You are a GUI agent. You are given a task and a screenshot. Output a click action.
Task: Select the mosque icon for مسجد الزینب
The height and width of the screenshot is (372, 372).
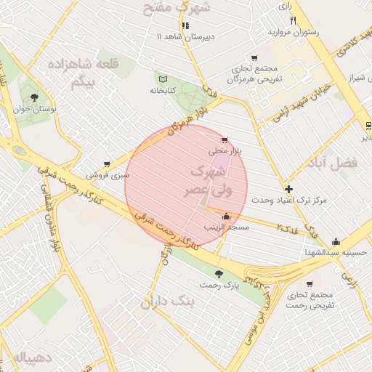(x=226, y=216)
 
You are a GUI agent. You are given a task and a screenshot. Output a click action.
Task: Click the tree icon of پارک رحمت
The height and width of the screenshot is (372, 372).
(x=219, y=274)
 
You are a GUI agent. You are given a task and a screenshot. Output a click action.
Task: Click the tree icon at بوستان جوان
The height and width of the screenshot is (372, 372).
(x=33, y=98)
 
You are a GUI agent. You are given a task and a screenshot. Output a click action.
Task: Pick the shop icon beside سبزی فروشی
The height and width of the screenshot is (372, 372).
(x=107, y=164)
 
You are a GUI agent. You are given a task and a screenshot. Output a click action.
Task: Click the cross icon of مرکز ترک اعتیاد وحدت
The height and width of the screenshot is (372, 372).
(x=288, y=188)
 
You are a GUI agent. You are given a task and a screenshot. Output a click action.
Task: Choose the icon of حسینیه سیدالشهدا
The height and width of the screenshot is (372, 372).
(x=336, y=242)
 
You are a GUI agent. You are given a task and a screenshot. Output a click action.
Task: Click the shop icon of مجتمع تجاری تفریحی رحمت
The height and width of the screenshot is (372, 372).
(x=310, y=284)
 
